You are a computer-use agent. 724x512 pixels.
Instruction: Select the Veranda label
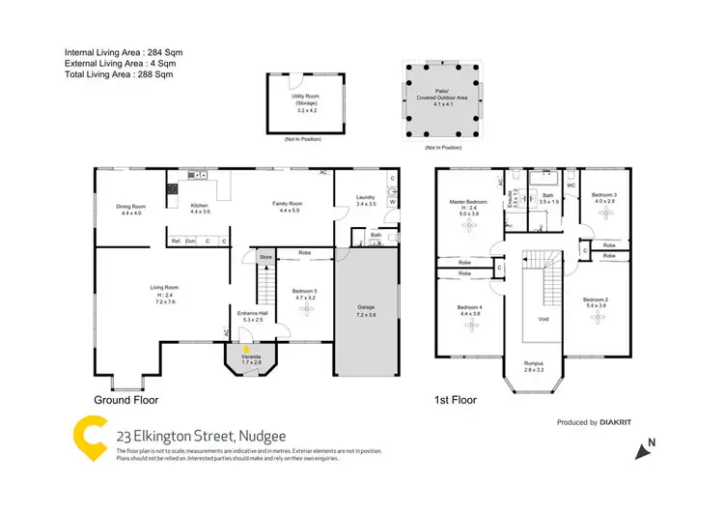[x=250, y=359]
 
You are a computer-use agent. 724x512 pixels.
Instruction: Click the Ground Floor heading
[x=125, y=399]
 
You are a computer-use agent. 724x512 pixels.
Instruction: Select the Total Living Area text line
[x=124, y=73]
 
